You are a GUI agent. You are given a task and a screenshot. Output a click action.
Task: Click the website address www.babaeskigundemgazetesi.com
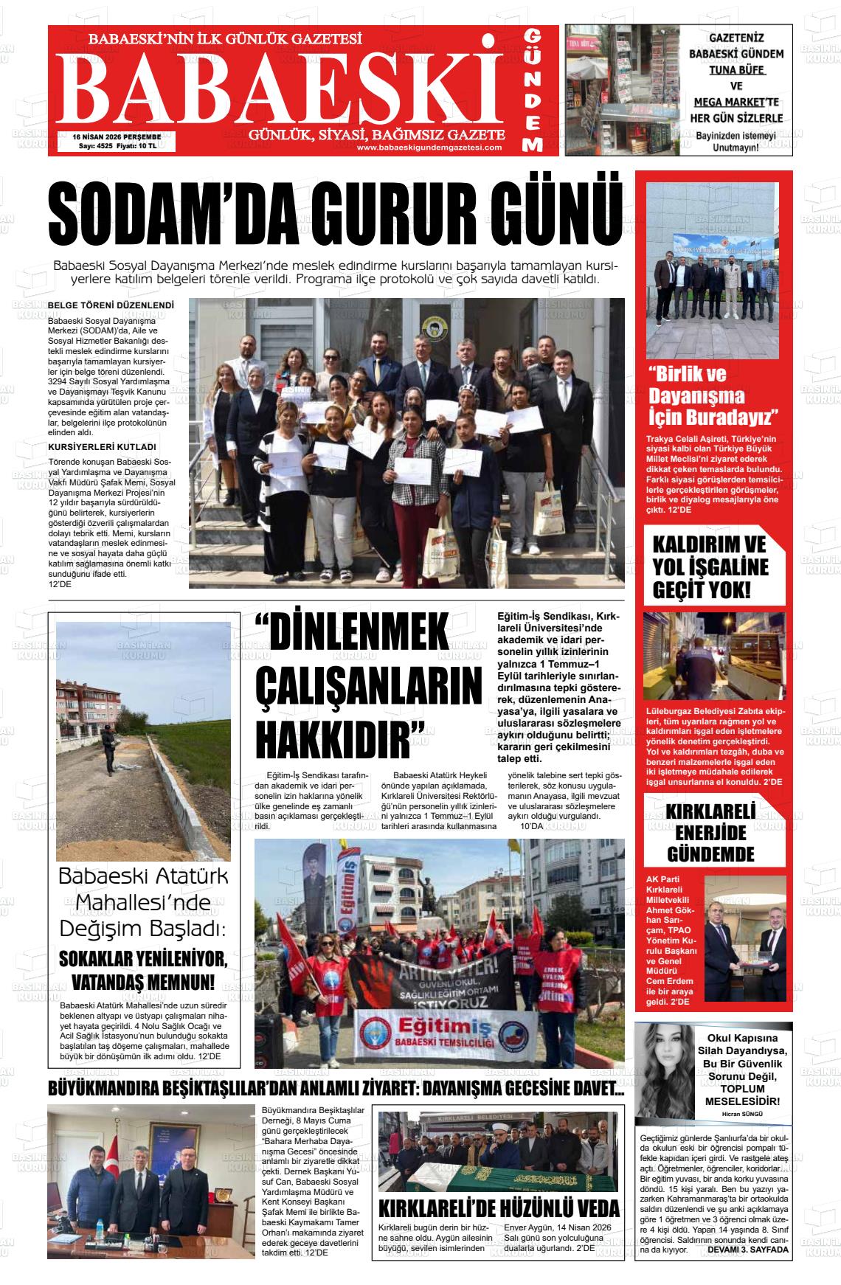click(x=429, y=147)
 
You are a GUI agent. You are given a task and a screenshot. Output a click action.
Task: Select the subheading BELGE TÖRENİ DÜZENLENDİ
click(x=111, y=305)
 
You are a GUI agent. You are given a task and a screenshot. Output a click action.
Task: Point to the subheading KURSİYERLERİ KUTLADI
click(x=102, y=447)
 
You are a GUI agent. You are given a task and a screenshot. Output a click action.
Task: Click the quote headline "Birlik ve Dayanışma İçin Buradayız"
click(x=713, y=395)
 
